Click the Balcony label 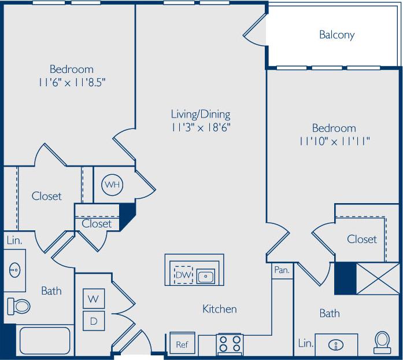[x=337, y=35]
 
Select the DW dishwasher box [x=183, y=275]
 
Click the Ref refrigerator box [x=182, y=344]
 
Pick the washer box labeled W [x=93, y=299]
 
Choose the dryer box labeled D [x=93, y=319]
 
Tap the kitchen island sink [x=205, y=276]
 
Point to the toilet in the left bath [x=18, y=305]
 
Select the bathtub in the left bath [x=45, y=340]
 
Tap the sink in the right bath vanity [x=336, y=345]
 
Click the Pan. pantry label [x=282, y=270]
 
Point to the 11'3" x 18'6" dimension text [x=201, y=127]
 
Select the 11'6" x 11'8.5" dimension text [x=71, y=82]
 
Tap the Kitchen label [x=219, y=309]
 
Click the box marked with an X [x=376, y=279]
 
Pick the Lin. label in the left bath [x=14, y=240]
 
